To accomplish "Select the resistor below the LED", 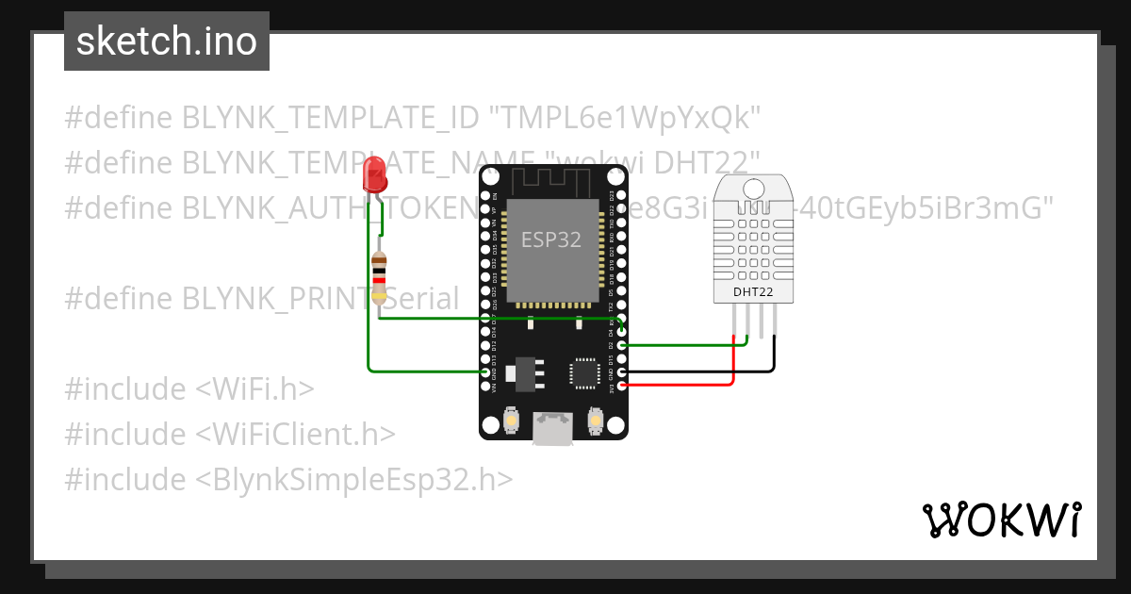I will (379, 276).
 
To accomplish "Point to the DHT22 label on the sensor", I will (753, 292).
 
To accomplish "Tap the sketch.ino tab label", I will (167, 41).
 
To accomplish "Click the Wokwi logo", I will (1000, 520).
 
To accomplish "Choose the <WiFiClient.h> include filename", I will (295, 435).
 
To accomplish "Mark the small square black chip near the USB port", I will (582, 373).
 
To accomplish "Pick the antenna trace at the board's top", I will (553, 179).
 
